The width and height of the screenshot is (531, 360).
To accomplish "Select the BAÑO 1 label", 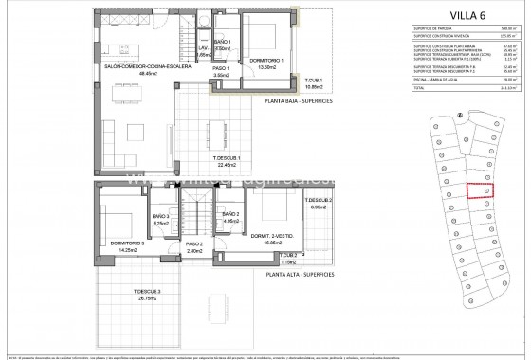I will [x=224, y=46].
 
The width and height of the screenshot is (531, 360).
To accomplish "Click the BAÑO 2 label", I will [x=233, y=218].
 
